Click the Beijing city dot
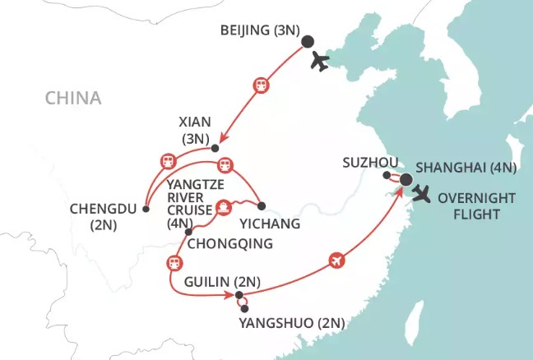click(308, 42)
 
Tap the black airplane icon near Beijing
click(319, 62)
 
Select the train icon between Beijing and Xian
click(261, 84)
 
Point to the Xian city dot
click(216, 149)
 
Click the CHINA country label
click(73, 99)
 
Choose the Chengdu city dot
click(146, 208)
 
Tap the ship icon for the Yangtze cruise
click(222, 208)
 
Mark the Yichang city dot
click(262, 205)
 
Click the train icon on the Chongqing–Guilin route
click(174, 263)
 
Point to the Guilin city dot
click(239, 295)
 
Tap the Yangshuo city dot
click(245, 308)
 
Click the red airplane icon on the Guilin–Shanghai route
click(335, 261)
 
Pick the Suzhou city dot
click(387, 174)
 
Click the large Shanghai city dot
click(406, 179)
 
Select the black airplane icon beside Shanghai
click(423, 194)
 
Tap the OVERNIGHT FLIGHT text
click(483, 206)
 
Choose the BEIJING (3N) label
click(257, 32)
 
